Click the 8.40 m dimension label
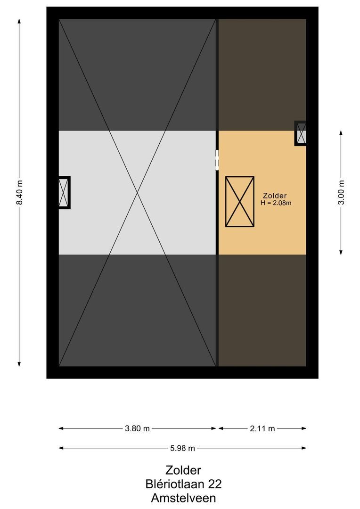pyautogui.click(x=19, y=193)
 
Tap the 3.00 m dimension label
pyautogui.click(x=342, y=193)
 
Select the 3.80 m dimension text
pyautogui.click(x=137, y=428)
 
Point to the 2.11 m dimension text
pyautogui.click(x=262, y=428)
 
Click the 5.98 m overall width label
pyautogui.click(x=182, y=448)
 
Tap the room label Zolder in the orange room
pyautogui.click(x=275, y=196)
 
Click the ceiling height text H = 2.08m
pyautogui.click(x=276, y=203)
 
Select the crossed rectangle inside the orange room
pyautogui.click(x=240, y=202)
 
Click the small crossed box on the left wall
pyautogui.click(x=64, y=192)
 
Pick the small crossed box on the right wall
pyautogui.click(x=301, y=133)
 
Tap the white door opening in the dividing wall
pyautogui.click(x=217, y=160)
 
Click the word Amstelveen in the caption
pyautogui.click(x=183, y=497)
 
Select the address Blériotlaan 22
pyautogui.click(x=183, y=484)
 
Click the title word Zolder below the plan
pyautogui.click(x=183, y=470)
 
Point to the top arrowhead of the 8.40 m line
pyautogui.click(x=19, y=21)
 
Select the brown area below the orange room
pyautogui.click(x=262, y=310)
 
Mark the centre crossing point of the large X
pyautogui.click(x=138, y=192)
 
